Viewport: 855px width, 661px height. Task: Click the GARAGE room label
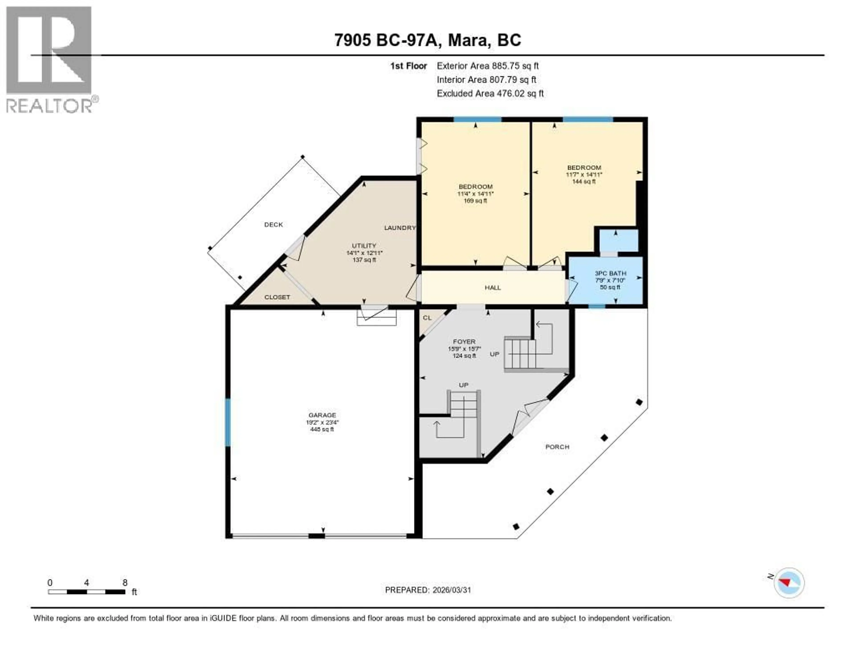pos(322,415)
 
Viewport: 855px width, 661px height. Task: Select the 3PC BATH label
pos(610,273)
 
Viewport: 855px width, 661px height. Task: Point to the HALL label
pos(493,287)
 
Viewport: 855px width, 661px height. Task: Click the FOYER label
pos(464,342)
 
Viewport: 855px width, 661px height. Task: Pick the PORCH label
pos(557,447)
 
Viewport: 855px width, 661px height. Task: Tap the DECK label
pos(273,224)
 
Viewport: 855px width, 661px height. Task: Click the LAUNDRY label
pos(399,228)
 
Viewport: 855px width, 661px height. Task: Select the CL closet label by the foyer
pos(427,318)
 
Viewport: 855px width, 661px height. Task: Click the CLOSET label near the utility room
pos(277,297)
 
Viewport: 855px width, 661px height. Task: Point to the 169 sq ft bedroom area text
pos(475,201)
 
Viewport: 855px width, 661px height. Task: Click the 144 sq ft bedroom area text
pos(584,181)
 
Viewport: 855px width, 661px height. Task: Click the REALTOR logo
pos(50,60)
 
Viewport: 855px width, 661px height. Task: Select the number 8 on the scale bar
pos(125,583)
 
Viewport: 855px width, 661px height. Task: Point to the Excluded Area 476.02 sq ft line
pos(490,93)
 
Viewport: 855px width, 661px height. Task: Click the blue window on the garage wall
pos(228,422)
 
